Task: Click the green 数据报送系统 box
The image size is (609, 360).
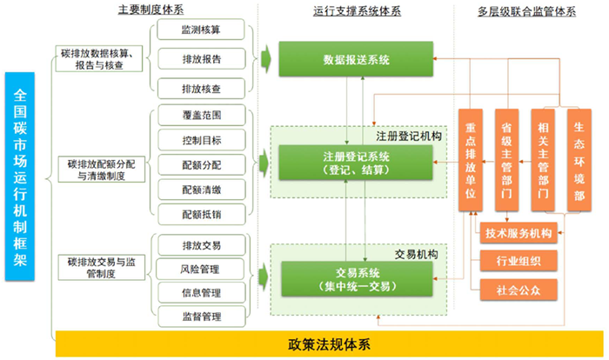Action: point(356,60)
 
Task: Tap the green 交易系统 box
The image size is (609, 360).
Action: point(356,278)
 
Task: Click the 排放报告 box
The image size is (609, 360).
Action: point(201,60)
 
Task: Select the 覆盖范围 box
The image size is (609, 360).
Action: point(201,116)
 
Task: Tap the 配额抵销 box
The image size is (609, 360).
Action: point(201,212)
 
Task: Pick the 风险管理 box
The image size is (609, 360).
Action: point(201,268)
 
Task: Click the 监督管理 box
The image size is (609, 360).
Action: point(201,316)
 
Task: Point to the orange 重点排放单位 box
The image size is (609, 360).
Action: point(471,162)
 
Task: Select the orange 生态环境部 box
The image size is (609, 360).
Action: point(579,160)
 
